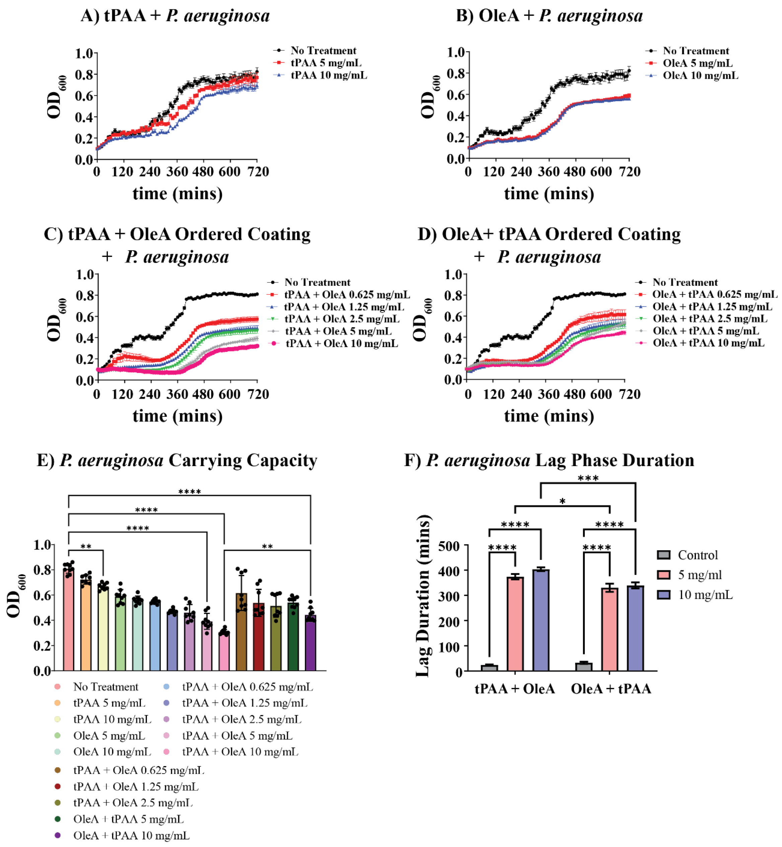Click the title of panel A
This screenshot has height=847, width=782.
175,16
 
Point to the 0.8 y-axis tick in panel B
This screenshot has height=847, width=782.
456,74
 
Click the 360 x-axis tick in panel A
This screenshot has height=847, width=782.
177,172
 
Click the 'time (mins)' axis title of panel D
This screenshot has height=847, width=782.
549,416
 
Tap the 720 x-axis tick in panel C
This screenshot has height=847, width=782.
258,394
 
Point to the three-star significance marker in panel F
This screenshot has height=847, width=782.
588,478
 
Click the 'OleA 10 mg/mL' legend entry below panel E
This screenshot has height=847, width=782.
112,752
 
